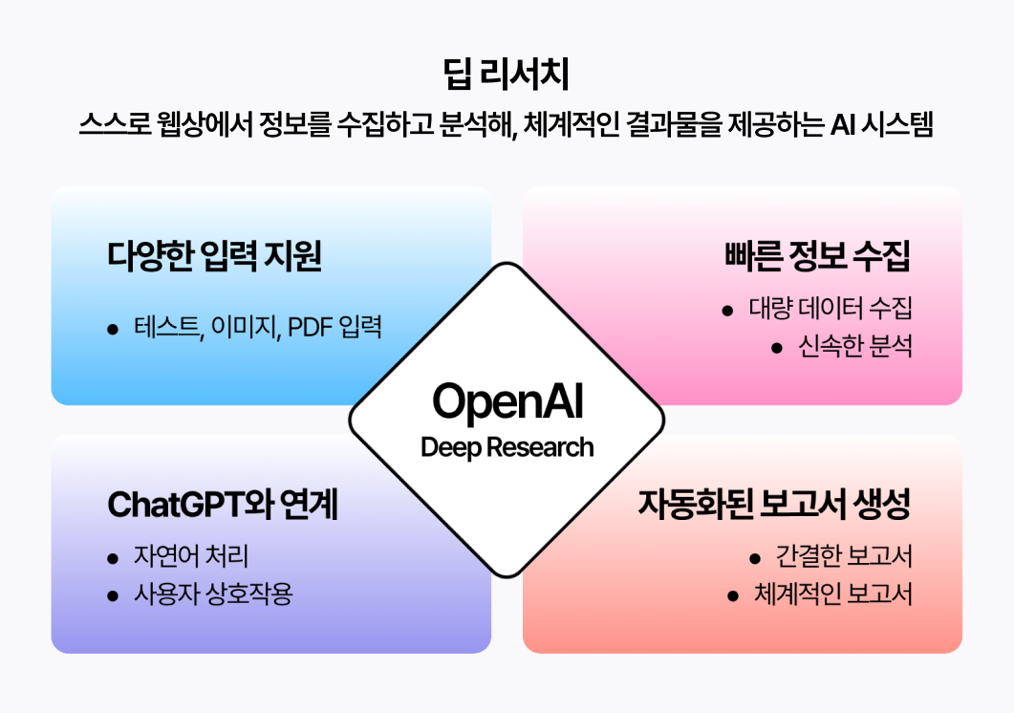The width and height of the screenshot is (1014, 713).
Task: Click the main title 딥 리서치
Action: click(507, 74)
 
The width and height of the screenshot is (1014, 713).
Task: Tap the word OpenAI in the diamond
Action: click(507, 401)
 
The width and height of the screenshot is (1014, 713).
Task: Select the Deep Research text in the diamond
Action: click(507, 447)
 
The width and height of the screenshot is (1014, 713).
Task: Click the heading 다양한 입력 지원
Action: click(214, 255)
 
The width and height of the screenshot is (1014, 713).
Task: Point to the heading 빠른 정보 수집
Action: click(817, 255)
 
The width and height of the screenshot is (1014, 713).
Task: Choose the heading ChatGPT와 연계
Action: click(223, 504)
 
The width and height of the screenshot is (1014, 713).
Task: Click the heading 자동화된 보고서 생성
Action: click(775, 504)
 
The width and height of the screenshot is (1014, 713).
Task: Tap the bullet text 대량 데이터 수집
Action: click(831, 309)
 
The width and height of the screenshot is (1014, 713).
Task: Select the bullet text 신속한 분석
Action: click(855, 346)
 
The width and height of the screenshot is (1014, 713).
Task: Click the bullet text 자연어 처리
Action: click(191, 556)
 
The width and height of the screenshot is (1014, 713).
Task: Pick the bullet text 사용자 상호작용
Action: click(213, 594)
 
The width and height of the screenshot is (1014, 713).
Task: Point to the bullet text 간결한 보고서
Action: click(844, 556)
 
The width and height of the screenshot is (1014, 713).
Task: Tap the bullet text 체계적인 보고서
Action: click(833, 594)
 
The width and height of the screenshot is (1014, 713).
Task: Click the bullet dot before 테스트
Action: click(113, 330)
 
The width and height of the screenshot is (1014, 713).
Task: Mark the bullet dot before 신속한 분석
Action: click(777, 349)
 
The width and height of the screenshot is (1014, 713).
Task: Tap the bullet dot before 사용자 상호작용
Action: click(113, 595)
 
